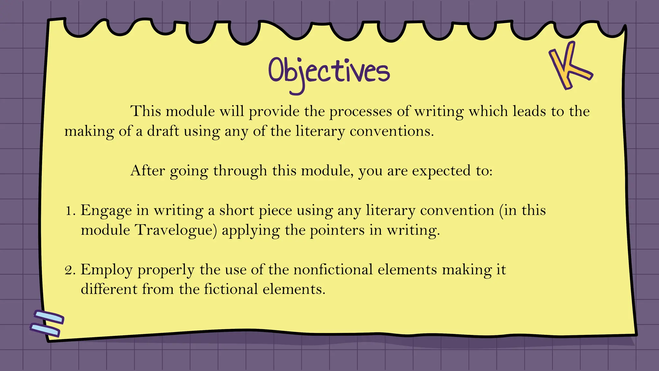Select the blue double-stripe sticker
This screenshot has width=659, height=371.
tap(48, 324)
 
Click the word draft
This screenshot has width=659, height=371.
tap(163, 131)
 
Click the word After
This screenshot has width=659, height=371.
tap(147, 171)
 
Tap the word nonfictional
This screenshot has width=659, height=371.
tap(333, 270)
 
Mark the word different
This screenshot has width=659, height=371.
tap(109, 289)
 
